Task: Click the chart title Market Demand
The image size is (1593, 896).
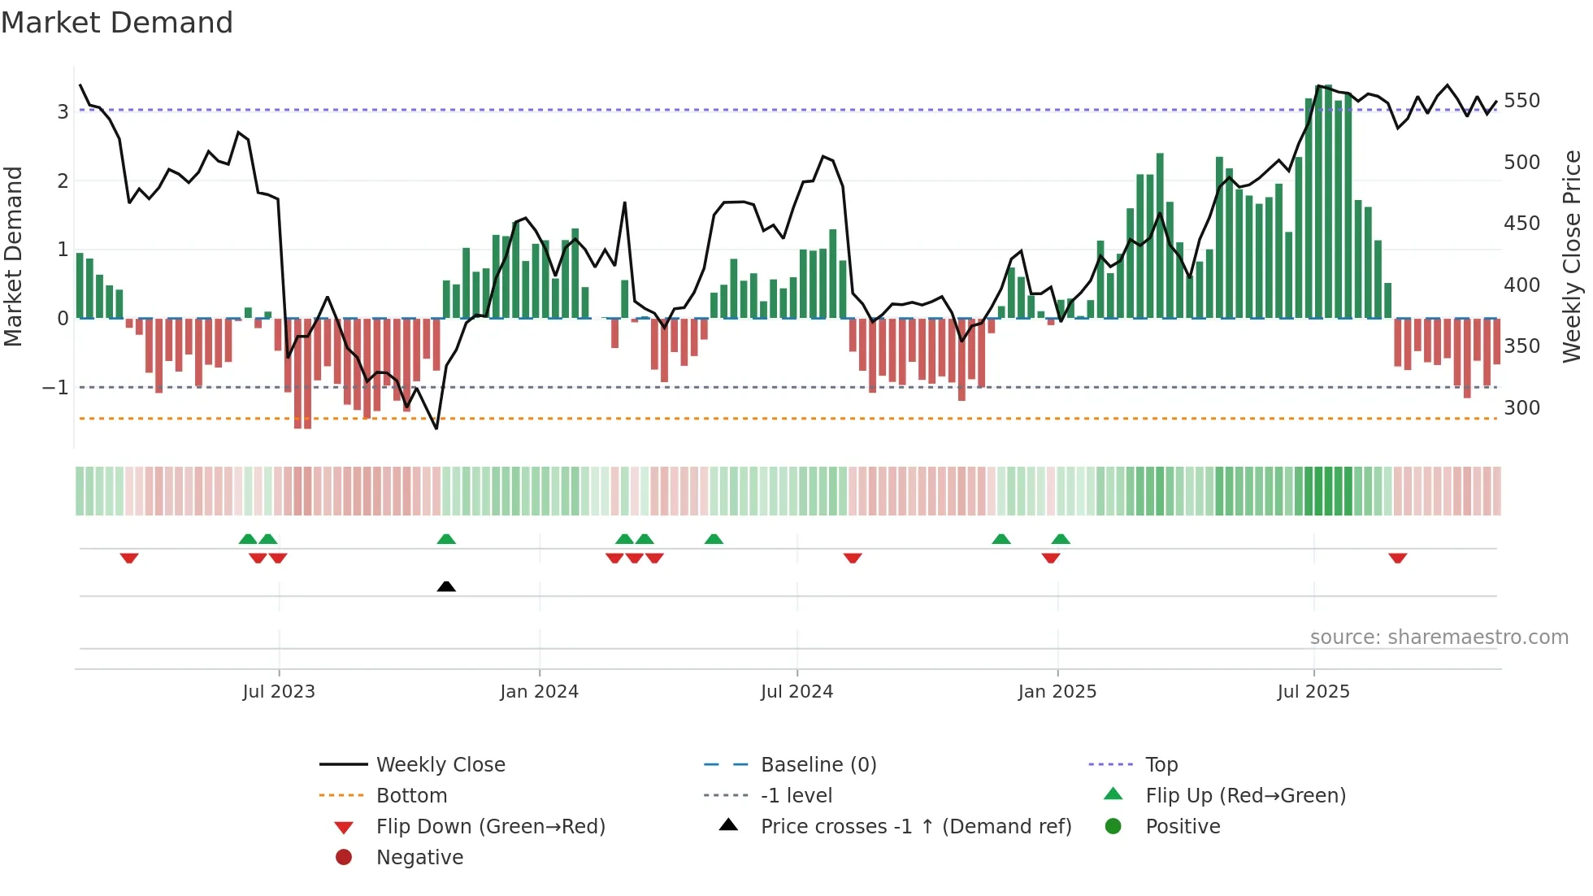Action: tap(117, 23)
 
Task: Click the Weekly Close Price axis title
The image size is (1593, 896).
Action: tap(1572, 256)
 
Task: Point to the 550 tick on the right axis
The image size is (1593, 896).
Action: tap(1521, 101)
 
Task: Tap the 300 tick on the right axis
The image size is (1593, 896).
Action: tap(1521, 407)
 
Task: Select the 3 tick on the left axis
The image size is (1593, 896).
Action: tap(63, 111)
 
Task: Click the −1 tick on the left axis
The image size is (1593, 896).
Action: tap(55, 388)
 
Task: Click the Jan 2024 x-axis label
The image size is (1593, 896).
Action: tap(539, 692)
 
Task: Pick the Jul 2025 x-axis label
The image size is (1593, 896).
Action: tap(1313, 692)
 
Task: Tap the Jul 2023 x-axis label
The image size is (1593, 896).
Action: tap(279, 692)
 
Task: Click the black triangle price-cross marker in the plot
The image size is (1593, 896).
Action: tap(446, 586)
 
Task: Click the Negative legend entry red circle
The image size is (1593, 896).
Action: tap(344, 857)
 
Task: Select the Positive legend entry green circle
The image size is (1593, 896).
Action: tap(1113, 826)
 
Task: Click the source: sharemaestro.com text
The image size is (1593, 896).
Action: tap(1439, 637)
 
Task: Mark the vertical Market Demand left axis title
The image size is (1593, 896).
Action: tap(14, 256)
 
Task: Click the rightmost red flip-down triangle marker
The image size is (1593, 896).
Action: tap(1398, 558)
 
